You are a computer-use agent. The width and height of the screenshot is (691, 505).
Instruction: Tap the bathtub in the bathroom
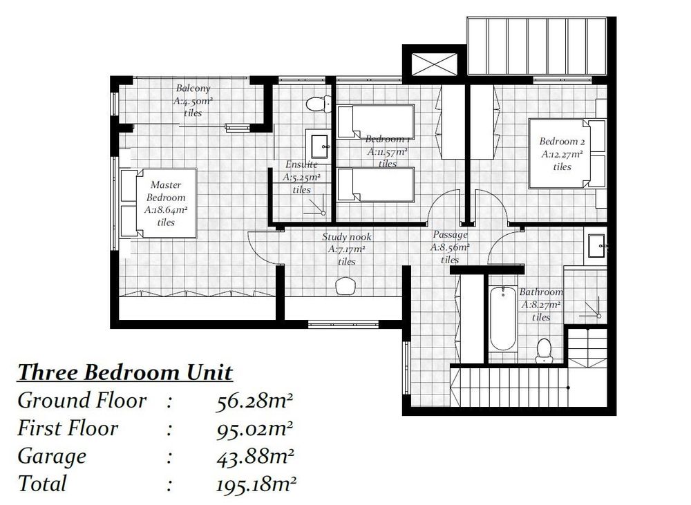click(x=503, y=318)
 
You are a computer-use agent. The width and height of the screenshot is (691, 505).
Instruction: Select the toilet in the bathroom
click(x=545, y=351)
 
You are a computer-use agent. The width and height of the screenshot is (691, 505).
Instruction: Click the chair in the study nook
click(x=345, y=286)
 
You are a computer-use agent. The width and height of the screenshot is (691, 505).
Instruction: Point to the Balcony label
click(x=193, y=88)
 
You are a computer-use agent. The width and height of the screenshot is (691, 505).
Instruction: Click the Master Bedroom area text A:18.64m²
click(x=166, y=210)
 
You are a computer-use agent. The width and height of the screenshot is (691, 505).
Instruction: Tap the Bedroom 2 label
click(x=562, y=142)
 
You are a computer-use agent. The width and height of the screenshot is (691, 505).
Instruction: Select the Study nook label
click(x=347, y=237)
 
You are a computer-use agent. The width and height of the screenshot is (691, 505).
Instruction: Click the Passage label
click(x=450, y=235)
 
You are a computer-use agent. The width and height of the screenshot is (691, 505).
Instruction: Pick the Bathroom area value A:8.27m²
click(x=541, y=305)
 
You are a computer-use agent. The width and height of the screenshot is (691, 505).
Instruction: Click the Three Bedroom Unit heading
click(x=124, y=372)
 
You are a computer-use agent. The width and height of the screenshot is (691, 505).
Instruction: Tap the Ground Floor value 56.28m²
click(x=255, y=401)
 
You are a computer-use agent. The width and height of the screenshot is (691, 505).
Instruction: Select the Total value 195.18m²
click(x=256, y=484)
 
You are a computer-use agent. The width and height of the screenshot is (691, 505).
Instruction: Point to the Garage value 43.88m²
click(x=255, y=457)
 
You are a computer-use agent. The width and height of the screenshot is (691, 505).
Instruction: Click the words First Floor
click(x=68, y=428)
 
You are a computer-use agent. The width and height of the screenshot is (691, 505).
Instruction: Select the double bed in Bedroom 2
click(x=567, y=153)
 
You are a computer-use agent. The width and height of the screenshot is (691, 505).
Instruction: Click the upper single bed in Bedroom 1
click(x=375, y=122)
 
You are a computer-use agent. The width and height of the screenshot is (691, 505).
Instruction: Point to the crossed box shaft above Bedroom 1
click(x=434, y=64)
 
